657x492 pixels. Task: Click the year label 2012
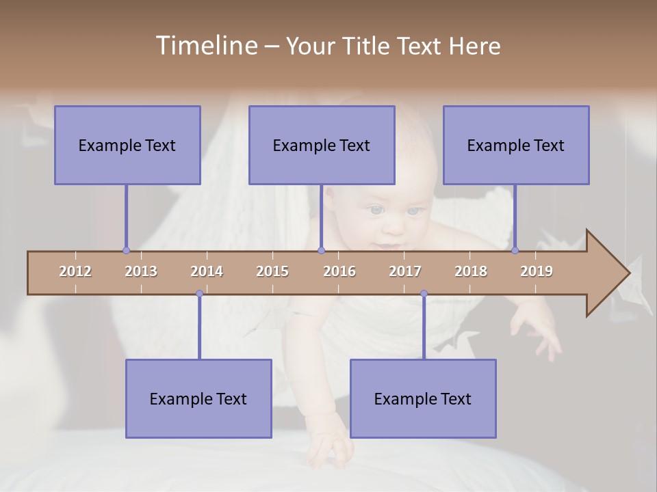pos(75,271)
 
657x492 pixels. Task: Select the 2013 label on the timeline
pos(141,271)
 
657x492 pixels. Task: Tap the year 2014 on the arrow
pos(207,271)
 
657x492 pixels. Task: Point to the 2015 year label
pos(272,271)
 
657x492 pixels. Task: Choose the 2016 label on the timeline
pos(339,271)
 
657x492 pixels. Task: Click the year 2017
pos(405,271)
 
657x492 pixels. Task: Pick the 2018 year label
pos(471,271)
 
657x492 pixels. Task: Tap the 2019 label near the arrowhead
pos(537,271)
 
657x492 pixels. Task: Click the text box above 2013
pos(127,145)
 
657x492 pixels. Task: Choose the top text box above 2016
pos(322,145)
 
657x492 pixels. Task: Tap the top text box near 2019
pos(516,145)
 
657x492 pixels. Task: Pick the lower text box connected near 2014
pos(198,398)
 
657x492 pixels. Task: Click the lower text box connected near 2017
pos(423,398)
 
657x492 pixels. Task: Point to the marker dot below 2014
pos(199,294)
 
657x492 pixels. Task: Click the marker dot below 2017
pos(424,294)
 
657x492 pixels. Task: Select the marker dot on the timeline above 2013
pos(126,250)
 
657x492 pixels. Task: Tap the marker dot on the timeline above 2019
pos(515,250)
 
